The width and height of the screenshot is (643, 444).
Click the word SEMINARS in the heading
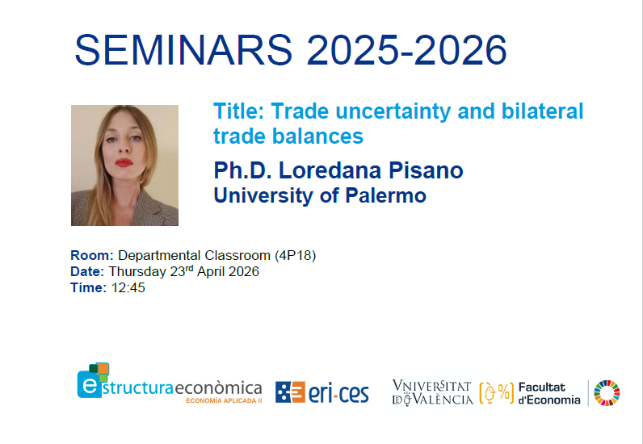click(x=184, y=51)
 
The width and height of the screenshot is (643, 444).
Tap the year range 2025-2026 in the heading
click(x=407, y=51)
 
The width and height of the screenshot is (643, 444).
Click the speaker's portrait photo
click(x=124, y=165)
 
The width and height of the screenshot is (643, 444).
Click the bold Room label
click(x=92, y=256)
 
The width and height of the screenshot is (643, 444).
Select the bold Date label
click(x=87, y=271)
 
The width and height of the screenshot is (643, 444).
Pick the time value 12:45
click(x=128, y=287)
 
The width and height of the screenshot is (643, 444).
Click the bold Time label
click(x=88, y=287)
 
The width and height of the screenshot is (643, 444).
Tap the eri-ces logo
click(x=321, y=392)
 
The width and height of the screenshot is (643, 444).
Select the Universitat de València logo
click(x=432, y=392)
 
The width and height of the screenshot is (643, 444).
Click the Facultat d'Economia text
click(x=548, y=393)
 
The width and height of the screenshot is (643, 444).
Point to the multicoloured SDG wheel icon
click(x=607, y=392)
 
